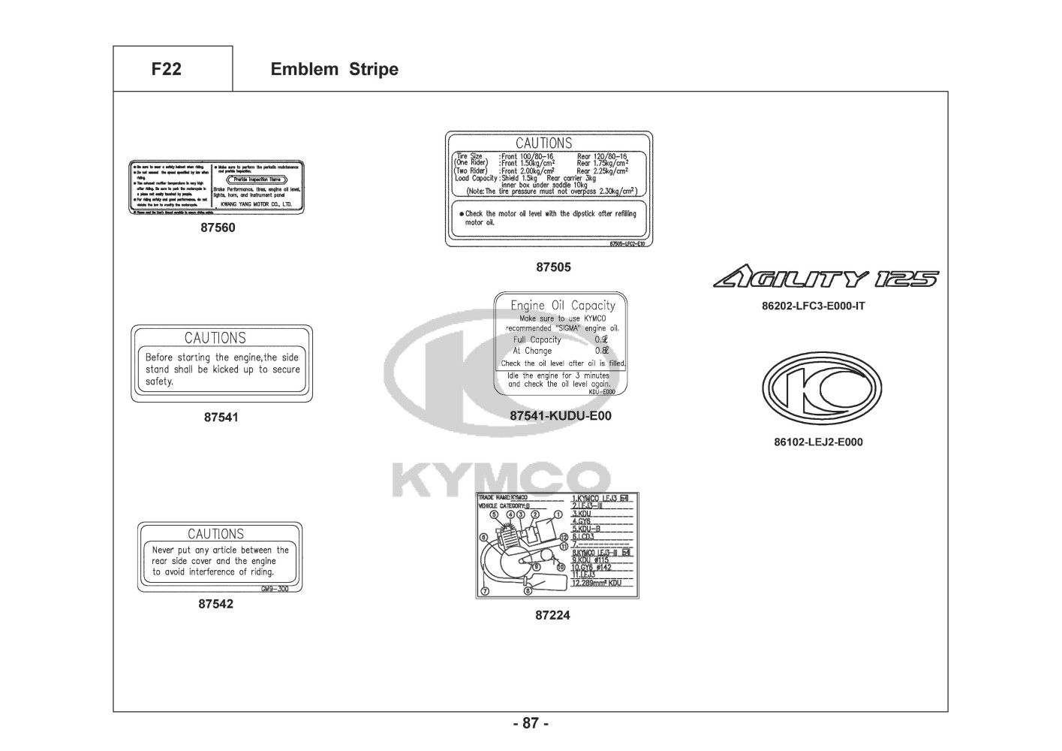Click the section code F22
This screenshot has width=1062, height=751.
pyautogui.click(x=166, y=69)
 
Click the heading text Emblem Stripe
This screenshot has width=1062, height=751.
pyautogui.click(x=334, y=69)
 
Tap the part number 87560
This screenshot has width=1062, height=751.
pyautogui.click(x=218, y=228)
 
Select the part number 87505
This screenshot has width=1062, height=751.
pyautogui.click(x=553, y=267)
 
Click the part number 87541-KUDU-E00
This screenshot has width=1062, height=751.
pyautogui.click(x=561, y=415)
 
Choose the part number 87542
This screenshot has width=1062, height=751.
pyautogui.click(x=216, y=604)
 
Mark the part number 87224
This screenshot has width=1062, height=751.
pyautogui.click(x=552, y=615)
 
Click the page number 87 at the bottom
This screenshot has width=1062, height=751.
pyautogui.click(x=531, y=724)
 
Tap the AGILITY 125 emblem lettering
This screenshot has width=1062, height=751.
pyautogui.click(x=825, y=279)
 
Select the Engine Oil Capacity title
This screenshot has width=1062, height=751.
pyautogui.click(x=562, y=306)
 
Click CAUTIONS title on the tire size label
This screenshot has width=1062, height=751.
pyautogui.click(x=543, y=143)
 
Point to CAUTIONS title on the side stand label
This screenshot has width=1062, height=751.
pyautogui.click(x=215, y=338)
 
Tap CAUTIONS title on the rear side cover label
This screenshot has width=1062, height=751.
pyautogui.click(x=215, y=534)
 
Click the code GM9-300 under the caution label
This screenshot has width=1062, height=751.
pyautogui.click(x=274, y=590)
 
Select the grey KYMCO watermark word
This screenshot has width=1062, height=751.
pyautogui.click(x=501, y=479)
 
